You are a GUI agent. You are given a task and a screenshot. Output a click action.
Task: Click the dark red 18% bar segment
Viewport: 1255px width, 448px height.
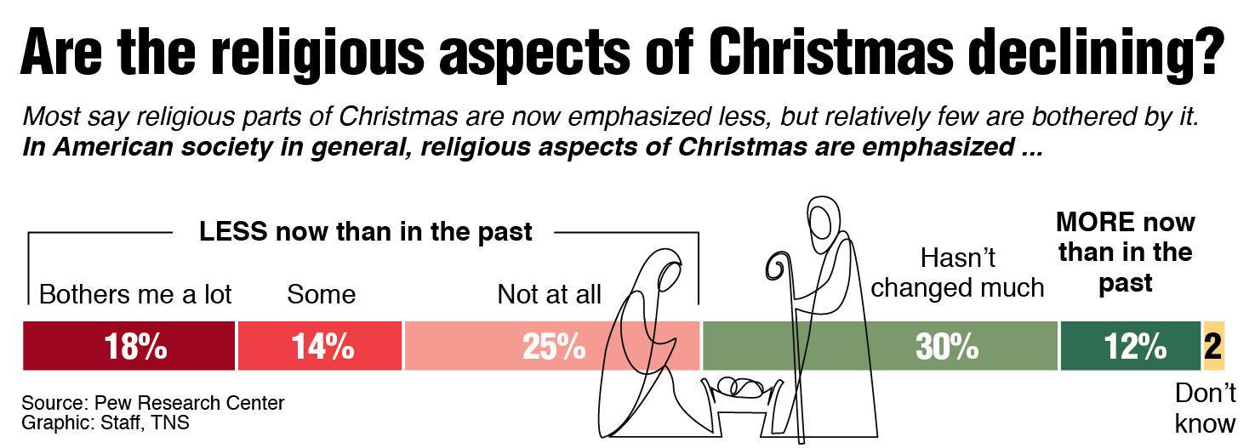pos(128,346)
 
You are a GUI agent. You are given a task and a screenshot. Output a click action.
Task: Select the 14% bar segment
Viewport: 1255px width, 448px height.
pos(319,346)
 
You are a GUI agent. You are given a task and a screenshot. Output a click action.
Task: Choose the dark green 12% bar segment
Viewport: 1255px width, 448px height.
pos(1130,346)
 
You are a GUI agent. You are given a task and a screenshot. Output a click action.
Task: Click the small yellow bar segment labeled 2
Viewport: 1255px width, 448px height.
pos(1213,346)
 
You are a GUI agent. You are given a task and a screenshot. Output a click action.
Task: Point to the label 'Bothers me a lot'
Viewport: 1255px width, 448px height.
pos(135,295)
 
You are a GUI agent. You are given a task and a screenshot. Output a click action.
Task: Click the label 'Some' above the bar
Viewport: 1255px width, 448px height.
pos(321,295)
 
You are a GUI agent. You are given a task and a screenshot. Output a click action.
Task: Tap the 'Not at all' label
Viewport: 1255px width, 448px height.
pos(549,295)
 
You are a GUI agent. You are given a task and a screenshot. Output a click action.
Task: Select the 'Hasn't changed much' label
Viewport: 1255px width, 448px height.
pos(957,273)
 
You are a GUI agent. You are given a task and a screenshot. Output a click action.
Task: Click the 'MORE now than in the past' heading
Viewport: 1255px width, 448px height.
pos(1125,252)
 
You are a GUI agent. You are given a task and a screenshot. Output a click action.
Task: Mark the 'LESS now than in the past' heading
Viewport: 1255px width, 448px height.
pos(366,232)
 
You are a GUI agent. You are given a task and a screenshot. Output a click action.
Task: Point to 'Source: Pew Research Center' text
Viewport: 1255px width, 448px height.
pos(153,402)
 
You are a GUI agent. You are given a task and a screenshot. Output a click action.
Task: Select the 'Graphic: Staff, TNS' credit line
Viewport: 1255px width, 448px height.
pos(106,422)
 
